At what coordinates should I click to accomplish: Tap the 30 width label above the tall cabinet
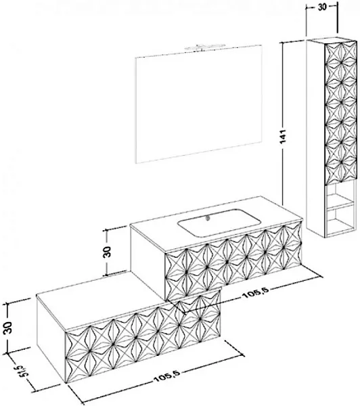point(322,7)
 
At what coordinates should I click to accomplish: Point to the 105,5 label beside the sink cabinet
point(256,294)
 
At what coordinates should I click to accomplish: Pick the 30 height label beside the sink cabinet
point(106,252)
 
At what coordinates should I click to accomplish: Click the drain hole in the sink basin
point(207,219)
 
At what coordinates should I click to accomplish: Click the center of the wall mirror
point(199,104)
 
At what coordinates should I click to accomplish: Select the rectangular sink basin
point(219,223)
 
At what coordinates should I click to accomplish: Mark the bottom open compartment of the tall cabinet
point(340,221)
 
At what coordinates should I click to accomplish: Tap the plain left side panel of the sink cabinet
point(148,262)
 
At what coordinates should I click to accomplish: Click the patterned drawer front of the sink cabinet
point(233,261)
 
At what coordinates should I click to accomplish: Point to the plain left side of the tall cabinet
point(315,138)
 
